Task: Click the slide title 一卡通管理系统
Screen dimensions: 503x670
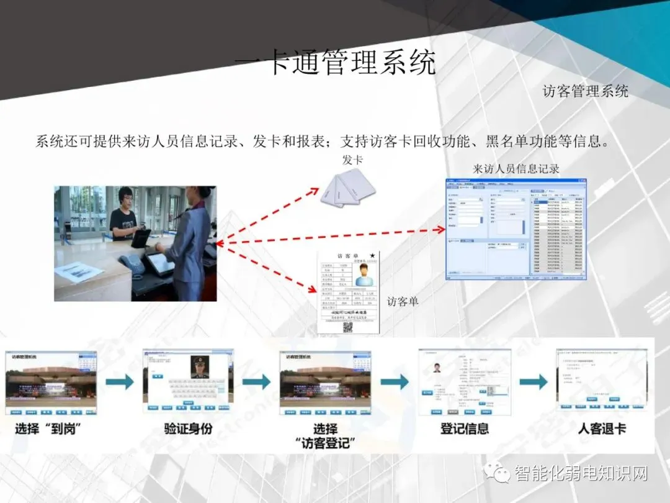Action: pyautogui.click(x=335, y=63)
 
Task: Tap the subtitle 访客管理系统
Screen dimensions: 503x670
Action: pyautogui.click(x=585, y=92)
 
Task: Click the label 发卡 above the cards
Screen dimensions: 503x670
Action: pyautogui.click(x=352, y=160)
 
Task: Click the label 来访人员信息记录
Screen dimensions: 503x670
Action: pyautogui.click(x=516, y=169)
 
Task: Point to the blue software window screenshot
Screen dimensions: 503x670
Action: pyautogui.click(x=516, y=229)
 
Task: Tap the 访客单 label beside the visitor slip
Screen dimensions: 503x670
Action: pyautogui.click(x=403, y=301)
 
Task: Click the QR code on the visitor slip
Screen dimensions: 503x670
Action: pyautogui.click(x=348, y=327)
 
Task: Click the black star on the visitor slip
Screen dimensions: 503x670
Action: pyautogui.click(x=372, y=255)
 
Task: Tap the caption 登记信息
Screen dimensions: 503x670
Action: pyautogui.click(x=465, y=428)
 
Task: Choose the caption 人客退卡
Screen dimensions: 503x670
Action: pyautogui.click(x=602, y=428)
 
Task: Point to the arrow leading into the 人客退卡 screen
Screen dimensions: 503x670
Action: pyautogui.click(x=534, y=381)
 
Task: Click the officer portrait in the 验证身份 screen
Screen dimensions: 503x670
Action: pyautogui.click(x=200, y=366)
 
